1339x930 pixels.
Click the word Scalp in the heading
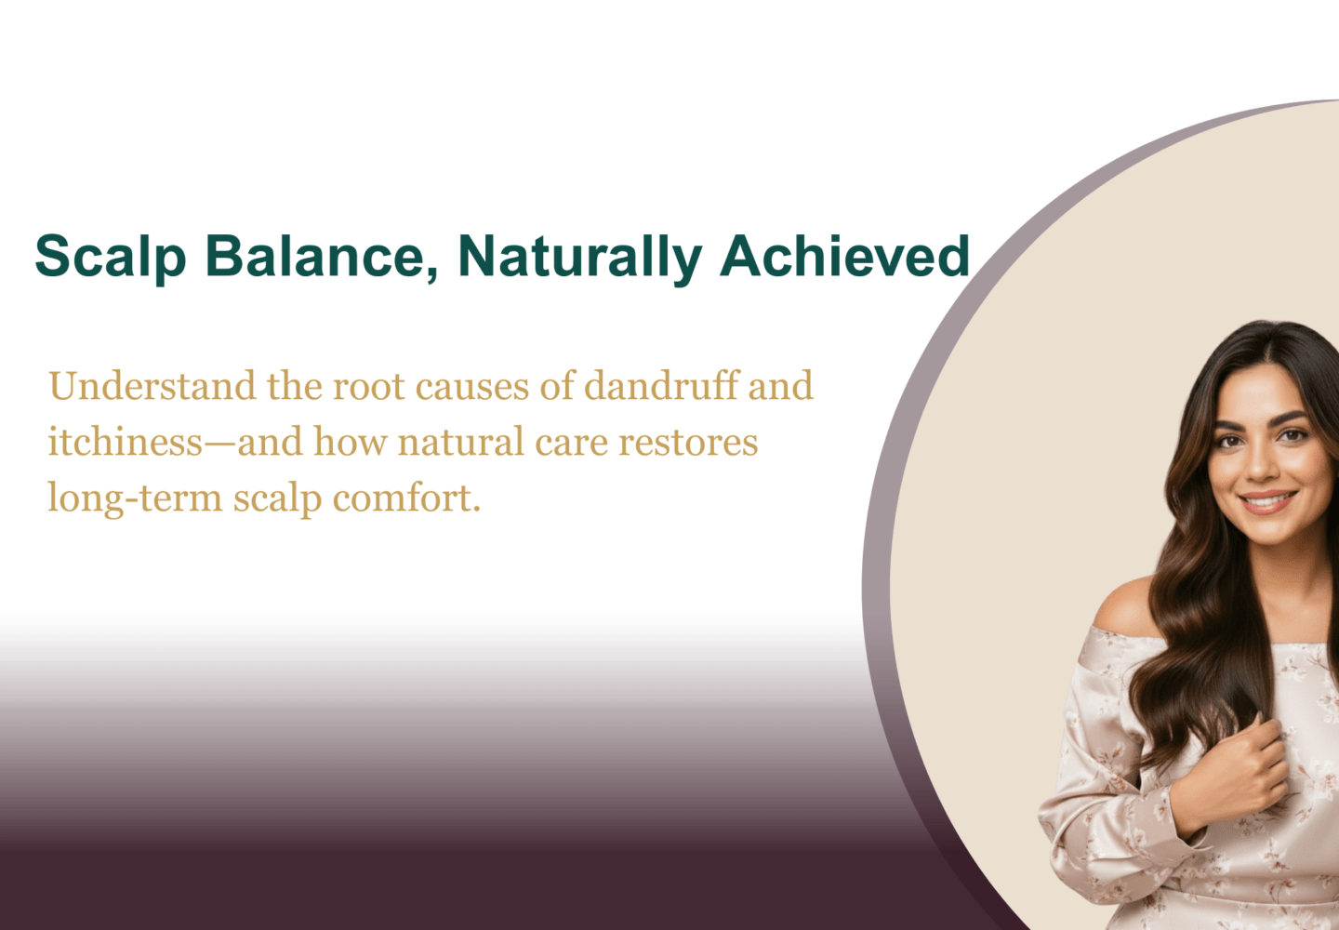[111, 257]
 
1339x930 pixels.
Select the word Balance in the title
[315, 257]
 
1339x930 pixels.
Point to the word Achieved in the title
[844, 256]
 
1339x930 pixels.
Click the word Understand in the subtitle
[152, 386]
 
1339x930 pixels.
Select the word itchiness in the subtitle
[126, 442]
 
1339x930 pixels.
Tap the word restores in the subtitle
[688, 443]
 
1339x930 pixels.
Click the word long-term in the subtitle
[135, 498]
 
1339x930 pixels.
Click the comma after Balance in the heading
[432, 273]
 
